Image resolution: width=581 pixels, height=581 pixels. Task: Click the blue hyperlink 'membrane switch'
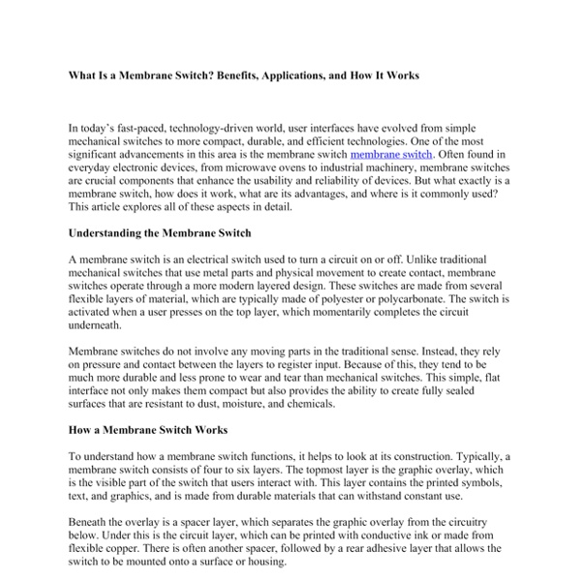click(391, 154)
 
